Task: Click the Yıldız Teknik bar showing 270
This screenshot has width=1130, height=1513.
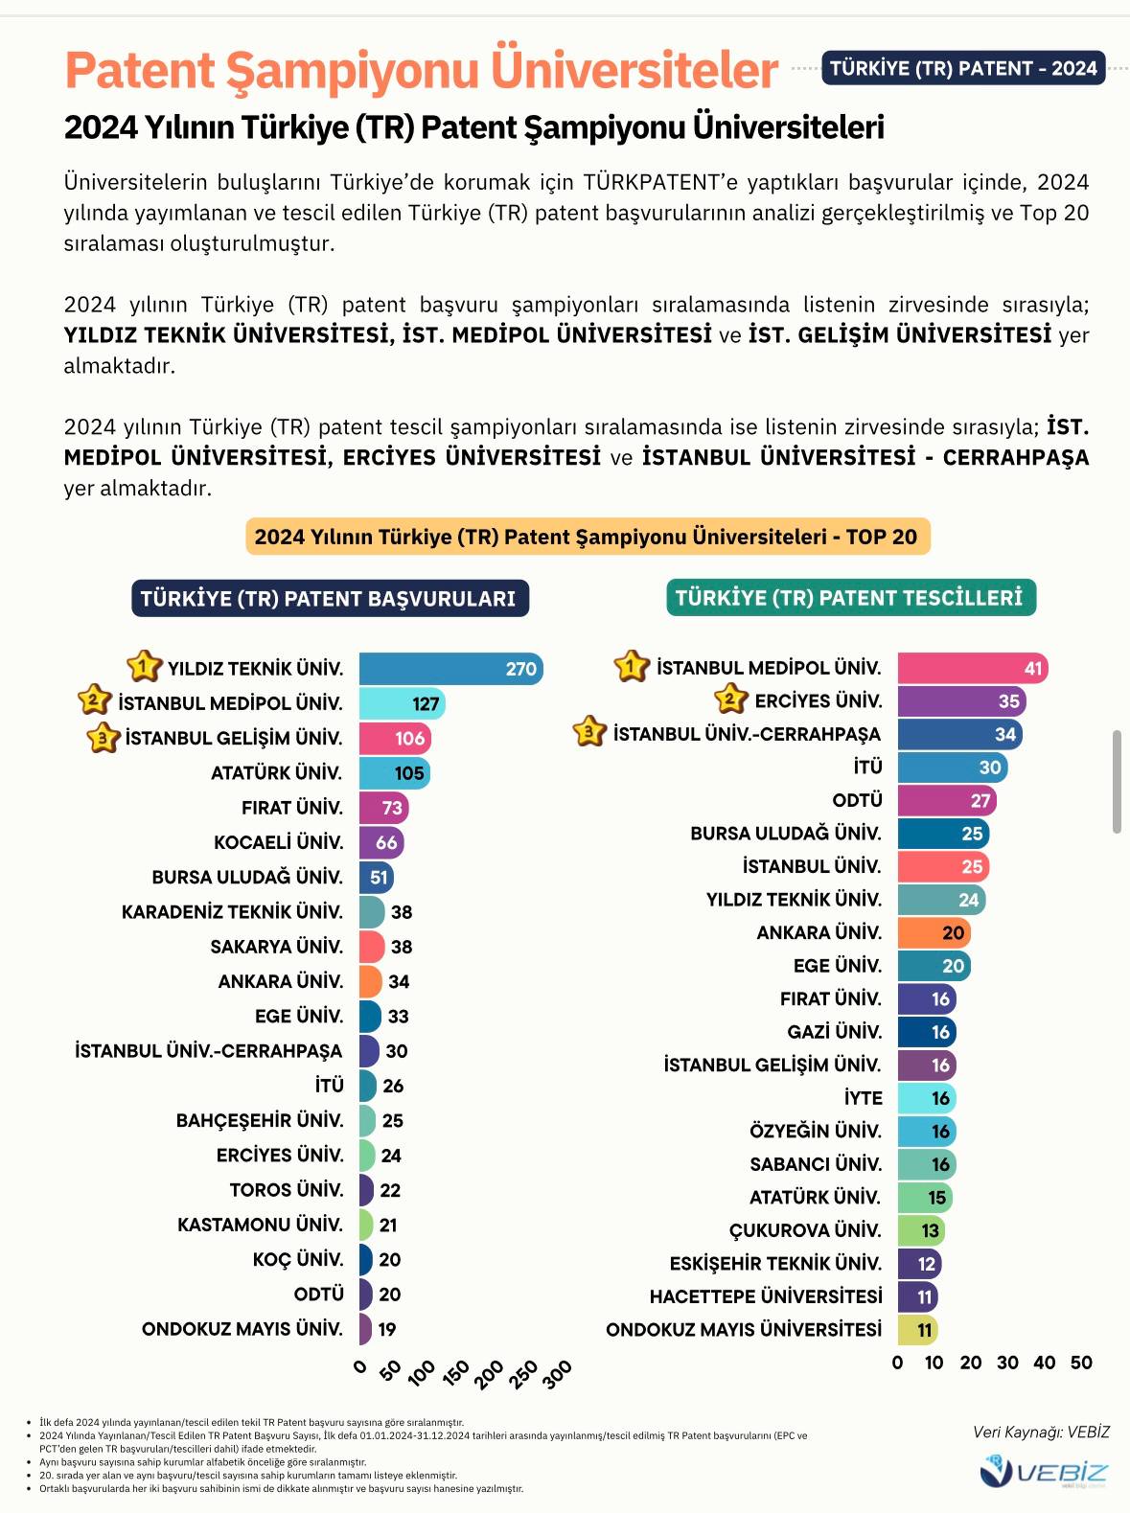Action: click(450, 668)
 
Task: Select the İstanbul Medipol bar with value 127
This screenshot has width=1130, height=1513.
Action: click(402, 703)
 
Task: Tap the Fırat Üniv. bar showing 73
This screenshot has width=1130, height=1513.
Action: click(383, 808)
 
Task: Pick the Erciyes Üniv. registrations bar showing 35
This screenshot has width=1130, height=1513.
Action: click(961, 700)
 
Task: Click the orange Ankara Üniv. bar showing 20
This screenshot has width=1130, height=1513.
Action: click(934, 932)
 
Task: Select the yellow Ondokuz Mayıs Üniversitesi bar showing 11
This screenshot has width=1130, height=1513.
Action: click(917, 1330)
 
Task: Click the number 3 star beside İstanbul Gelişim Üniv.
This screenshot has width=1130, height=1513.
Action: click(103, 738)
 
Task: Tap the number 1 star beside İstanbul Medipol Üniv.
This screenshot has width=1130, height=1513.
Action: click(631, 666)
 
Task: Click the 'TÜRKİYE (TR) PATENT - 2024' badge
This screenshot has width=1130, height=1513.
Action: click(963, 68)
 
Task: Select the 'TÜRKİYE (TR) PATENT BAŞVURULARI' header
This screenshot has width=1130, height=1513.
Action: click(329, 599)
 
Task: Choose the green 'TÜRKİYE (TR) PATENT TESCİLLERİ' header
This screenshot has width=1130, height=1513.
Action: click(850, 598)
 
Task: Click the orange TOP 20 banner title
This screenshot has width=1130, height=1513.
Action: click(587, 537)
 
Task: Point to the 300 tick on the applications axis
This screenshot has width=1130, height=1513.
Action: click(558, 1373)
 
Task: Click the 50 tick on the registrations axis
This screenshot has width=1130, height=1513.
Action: click(1081, 1363)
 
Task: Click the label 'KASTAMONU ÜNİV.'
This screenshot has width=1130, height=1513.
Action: click(260, 1225)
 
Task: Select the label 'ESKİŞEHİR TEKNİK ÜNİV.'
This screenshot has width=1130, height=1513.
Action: click(775, 1264)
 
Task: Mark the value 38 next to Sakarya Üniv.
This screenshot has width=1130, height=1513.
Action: click(402, 947)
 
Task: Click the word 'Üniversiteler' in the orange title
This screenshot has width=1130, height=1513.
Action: click(634, 70)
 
